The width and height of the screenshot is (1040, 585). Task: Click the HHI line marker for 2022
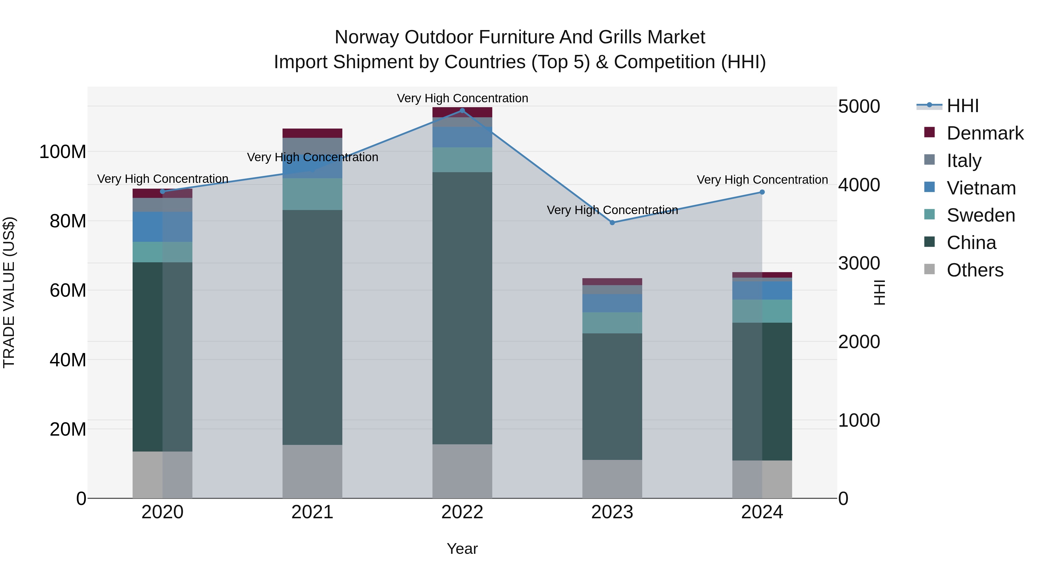point(462,111)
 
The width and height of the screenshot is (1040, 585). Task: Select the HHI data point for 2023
point(612,222)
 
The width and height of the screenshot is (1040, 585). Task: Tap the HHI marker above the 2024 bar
point(762,192)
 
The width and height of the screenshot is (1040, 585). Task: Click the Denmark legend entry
point(985,133)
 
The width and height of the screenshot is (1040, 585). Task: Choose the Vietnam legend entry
point(981,188)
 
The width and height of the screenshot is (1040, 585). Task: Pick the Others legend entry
point(975,270)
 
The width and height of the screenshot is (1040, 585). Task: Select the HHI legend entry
point(963,106)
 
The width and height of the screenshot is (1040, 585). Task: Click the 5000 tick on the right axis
point(859,107)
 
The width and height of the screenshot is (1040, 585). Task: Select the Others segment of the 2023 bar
point(612,479)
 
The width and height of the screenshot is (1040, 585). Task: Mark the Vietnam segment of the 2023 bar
point(612,303)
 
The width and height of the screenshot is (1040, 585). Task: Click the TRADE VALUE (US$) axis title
point(9,292)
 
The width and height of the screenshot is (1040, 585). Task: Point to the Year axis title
point(462,549)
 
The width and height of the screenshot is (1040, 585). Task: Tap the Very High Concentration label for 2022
point(462,98)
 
